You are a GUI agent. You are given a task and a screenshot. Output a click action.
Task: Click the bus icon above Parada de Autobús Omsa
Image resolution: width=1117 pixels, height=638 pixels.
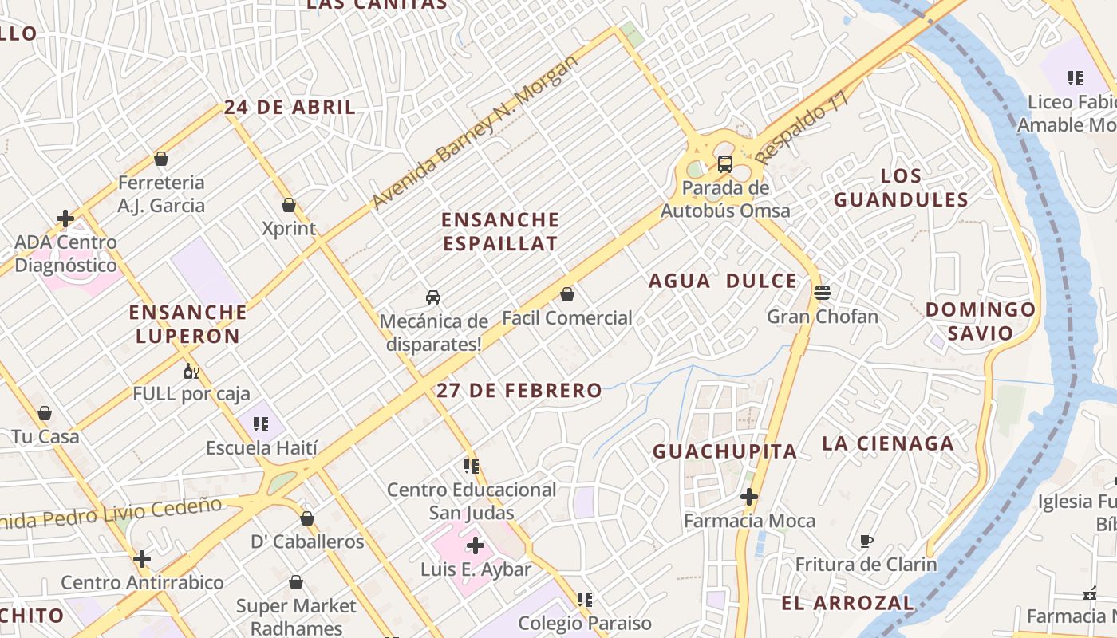tap(724, 164)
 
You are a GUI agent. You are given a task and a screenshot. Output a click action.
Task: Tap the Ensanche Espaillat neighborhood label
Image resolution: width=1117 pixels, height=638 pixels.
tap(500, 231)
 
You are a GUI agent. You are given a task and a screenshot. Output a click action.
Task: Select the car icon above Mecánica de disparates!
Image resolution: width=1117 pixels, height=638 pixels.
tap(433, 297)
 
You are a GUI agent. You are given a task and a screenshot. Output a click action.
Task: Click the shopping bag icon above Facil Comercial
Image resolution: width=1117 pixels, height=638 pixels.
tap(567, 294)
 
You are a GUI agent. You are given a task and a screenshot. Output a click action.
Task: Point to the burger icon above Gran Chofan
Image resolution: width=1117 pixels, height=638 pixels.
tap(823, 292)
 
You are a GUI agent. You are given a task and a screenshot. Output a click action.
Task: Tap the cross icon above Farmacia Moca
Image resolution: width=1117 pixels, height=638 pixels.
tap(748, 497)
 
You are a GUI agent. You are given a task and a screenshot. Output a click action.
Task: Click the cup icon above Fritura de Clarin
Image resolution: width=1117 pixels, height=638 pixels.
tap(866, 542)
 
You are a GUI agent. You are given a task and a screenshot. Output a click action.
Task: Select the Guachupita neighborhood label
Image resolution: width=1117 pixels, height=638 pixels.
tap(724, 451)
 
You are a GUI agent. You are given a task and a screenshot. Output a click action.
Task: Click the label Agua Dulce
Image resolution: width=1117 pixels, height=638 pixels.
tap(722, 281)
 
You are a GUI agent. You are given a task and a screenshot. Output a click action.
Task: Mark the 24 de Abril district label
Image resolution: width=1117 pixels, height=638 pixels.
tap(289, 108)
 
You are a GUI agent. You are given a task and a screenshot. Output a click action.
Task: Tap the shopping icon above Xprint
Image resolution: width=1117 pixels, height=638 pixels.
tap(289, 205)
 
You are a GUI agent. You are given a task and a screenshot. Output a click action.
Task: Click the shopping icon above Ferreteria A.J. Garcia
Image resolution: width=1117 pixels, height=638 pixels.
tap(161, 159)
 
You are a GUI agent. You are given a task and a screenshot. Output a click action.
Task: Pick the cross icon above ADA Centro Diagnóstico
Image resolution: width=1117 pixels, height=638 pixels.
tap(65, 218)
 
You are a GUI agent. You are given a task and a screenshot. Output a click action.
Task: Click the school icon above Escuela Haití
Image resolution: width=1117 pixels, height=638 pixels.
tap(261, 423)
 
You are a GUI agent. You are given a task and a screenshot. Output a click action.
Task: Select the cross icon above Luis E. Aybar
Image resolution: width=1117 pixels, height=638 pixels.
tap(476, 545)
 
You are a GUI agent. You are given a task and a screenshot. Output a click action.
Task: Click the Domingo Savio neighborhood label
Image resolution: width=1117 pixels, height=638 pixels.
tap(981, 321)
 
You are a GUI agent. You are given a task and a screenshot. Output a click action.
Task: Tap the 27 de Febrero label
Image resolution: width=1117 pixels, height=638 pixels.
tap(519, 390)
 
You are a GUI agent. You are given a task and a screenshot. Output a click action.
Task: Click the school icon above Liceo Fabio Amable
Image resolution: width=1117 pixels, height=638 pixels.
tap(1075, 78)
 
